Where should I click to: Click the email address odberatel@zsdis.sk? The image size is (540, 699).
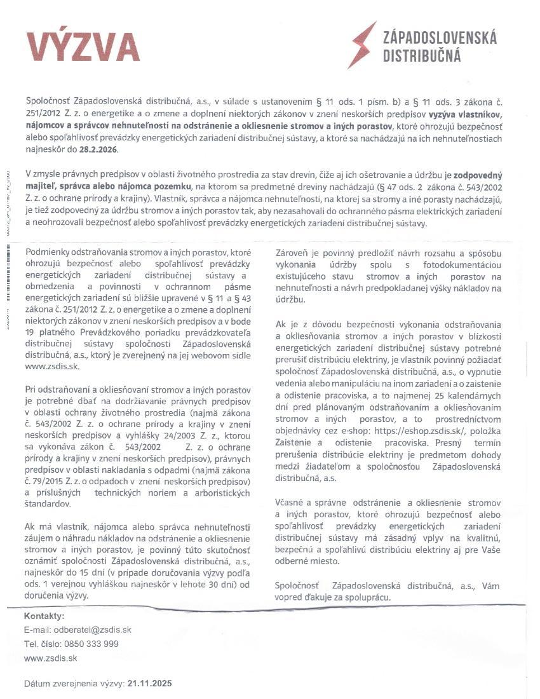[x=95, y=630]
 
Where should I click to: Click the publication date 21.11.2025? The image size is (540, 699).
[x=149, y=684]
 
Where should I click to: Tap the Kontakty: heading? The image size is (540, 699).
[x=44, y=616]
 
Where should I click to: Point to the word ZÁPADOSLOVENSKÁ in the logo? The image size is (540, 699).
[x=440, y=38]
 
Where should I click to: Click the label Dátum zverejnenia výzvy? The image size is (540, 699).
[x=74, y=684]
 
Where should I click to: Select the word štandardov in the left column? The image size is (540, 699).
[x=48, y=504]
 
